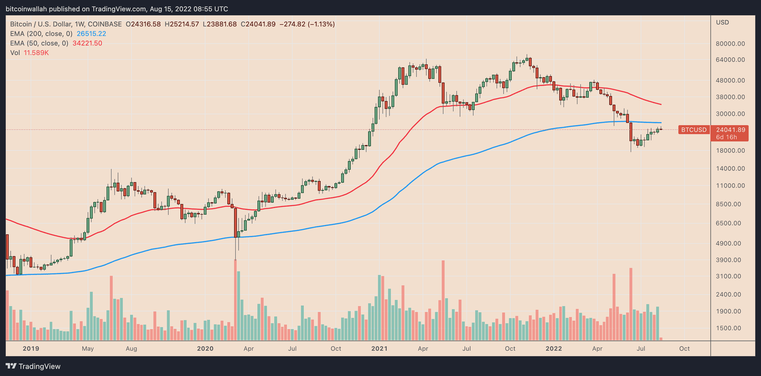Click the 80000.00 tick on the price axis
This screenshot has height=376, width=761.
[730, 44]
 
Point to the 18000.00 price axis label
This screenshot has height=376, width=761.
[730, 151]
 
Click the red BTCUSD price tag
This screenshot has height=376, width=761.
[693, 130]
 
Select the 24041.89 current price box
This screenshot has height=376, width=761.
[730, 130]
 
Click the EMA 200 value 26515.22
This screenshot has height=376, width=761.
[91, 34]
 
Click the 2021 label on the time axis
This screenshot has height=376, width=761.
[379, 348]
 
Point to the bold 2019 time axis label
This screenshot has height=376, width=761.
[31, 348]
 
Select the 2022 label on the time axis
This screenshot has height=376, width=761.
[554, 348]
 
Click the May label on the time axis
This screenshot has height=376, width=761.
[88, 348]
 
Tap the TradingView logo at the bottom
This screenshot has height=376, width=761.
[33, 366]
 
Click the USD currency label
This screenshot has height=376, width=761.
[722, 22]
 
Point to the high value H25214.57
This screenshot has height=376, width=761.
[182, 24]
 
